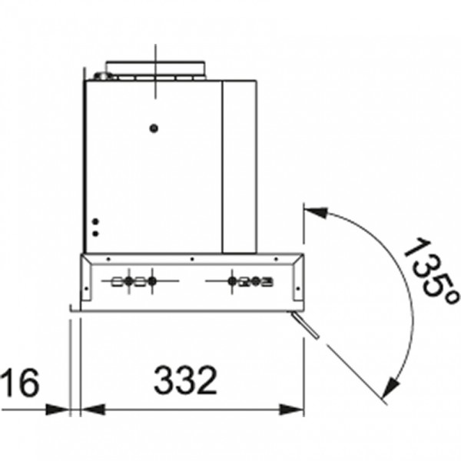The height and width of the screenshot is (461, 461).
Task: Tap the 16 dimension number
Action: coord(20,382)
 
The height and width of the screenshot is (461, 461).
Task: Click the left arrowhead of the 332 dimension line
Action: coord(94,410)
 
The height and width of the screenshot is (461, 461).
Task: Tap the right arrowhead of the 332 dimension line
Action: coord(291,410)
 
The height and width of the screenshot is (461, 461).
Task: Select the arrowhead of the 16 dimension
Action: coord(58,410)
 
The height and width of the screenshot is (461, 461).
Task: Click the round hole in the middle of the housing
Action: coord(154,128)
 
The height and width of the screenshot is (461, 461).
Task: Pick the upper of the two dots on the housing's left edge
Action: coord(95,221)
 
